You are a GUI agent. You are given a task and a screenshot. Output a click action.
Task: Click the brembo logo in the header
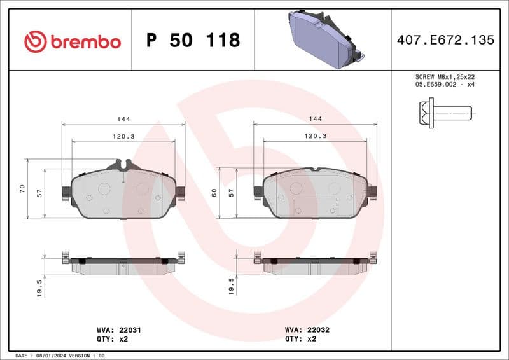tap(72, 41)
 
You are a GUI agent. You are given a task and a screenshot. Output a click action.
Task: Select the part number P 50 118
tap(193, 41)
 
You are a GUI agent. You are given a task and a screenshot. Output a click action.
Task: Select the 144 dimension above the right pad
tap(315, 119)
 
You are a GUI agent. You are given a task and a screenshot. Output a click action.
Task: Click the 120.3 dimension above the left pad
tap(123, 136)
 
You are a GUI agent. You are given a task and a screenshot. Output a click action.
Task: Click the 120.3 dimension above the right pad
tap(315, 136)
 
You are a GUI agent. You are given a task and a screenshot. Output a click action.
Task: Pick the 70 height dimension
tap(22, 189)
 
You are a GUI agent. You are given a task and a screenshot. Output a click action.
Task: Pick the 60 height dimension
tap(214, 193)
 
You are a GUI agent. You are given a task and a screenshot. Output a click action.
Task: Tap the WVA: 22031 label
tap(114, 330)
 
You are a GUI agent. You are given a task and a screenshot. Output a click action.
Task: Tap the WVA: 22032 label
tap(307, 330)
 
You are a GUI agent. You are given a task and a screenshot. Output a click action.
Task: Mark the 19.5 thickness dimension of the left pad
tap(39, 287)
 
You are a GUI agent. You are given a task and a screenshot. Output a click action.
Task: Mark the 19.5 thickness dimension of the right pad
tap(232, 286)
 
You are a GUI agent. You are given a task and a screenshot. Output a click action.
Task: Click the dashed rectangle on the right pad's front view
tap(315, 206)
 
